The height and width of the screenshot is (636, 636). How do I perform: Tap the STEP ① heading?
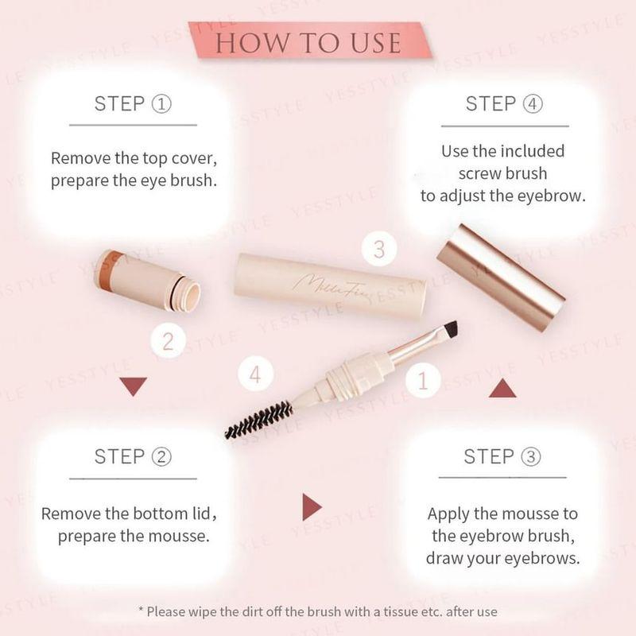132,103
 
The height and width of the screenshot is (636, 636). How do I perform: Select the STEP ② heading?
132,456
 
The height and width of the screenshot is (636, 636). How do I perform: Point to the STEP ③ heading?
502,456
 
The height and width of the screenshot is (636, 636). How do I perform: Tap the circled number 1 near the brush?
423,380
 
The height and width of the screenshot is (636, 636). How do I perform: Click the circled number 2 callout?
168,341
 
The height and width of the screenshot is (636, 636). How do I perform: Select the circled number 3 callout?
379,249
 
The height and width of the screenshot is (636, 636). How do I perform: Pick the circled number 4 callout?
255,374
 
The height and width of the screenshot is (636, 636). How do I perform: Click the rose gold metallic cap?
501,277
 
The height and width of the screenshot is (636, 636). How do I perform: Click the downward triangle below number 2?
133,386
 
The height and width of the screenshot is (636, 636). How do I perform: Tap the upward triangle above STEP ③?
502,388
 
